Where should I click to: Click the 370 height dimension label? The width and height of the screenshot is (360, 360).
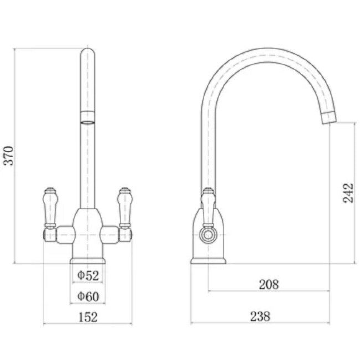point(9,156)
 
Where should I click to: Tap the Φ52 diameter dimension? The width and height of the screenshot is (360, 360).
point(88,275)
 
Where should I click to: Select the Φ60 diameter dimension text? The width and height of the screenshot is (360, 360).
point(88,296)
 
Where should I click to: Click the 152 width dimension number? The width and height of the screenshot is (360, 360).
point(88,317)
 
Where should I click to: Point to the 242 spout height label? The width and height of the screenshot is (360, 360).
point(348,193)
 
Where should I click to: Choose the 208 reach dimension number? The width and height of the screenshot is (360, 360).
point(269,284)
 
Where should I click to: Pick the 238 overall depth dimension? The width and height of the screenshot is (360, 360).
point(260,316)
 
